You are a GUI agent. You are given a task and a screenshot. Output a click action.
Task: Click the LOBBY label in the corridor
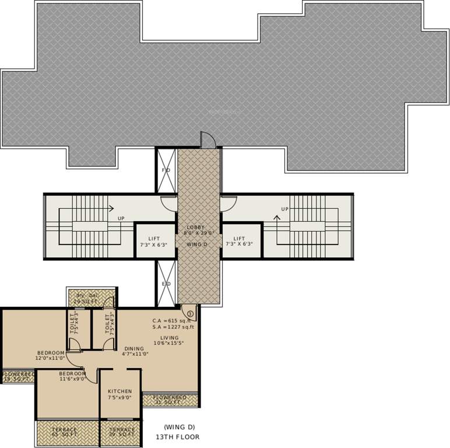click(195, 227)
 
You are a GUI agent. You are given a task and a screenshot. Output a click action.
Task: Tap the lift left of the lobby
click(154, 241)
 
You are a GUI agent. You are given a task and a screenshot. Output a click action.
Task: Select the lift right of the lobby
click(240, 241)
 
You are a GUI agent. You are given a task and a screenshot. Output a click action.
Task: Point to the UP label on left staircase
click(121, 219)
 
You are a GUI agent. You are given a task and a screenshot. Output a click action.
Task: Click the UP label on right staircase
click(284, 209)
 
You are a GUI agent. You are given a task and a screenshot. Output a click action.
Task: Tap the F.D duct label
click(165, 170)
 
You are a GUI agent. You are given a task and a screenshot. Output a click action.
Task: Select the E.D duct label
click(166, 283)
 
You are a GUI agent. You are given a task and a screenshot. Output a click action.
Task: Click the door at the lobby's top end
click(208, 140)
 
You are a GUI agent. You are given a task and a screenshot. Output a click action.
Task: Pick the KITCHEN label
click(119, 391)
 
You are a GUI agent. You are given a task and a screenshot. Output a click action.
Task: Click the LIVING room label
click(170, 337)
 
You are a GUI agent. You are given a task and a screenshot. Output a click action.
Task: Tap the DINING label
click(133, 349)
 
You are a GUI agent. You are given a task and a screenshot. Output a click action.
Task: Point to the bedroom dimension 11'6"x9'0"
click(72, 379)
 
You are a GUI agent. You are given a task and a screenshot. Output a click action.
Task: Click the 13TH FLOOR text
click(177, 436)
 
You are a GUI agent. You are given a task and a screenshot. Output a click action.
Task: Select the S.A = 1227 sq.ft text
click(174, 328)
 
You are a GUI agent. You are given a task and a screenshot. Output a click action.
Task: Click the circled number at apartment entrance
click(191, 313)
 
